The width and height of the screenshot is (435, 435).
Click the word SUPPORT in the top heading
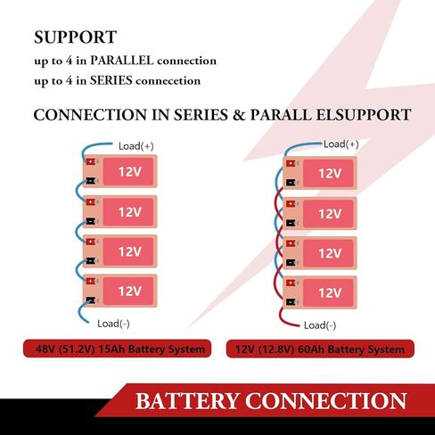tap(76, 37)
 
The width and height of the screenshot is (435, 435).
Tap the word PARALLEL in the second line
tap(122, 61)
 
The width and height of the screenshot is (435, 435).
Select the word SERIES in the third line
tap(111, 80)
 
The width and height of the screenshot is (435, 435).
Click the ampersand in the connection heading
tap(239, 115)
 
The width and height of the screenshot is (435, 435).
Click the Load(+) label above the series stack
tap(136, 146)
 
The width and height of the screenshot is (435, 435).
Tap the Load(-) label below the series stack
tap(113, 324)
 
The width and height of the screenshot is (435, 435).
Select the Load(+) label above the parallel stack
tap(341, 144)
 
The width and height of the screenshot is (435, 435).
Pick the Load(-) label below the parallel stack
tap(320, 325)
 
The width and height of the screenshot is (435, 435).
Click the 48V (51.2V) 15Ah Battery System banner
tap(118, 349)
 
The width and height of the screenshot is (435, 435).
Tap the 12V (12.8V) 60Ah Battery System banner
tap(320, 349)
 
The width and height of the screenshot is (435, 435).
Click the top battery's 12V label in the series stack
tap(130, 171)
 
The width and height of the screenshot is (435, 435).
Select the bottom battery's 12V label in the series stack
tap(130, 291)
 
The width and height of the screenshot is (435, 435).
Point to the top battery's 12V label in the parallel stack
tap(330, 173)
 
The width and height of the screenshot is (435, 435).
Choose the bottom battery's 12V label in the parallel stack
tap(330, 293)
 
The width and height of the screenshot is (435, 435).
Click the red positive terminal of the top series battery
tap(91, 161)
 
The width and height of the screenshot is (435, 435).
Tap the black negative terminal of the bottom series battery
tap(91, 300)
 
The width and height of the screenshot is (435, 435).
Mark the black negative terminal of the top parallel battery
tap(291, 183)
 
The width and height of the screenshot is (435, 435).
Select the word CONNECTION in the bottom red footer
tap(326, 401)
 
